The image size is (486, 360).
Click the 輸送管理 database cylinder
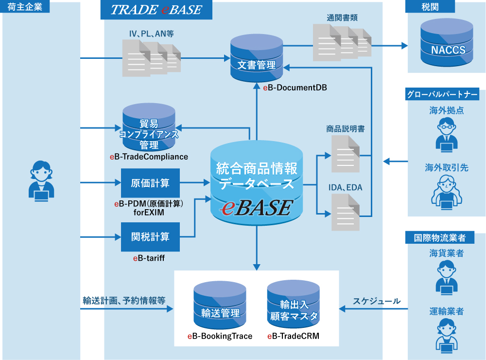coord(217,306)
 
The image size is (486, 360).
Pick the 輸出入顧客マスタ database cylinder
coord(293,304)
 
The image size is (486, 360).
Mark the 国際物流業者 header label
coord(439,238)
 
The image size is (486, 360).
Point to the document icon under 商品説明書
coord(346,154)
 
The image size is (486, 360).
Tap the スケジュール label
coord(377,301)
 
